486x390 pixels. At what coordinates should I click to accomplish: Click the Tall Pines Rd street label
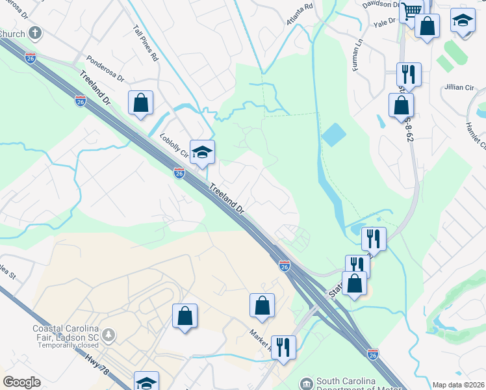pyautogui.click(x=146, y=44)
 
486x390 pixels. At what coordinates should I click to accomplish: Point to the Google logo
pyautogui.click(x=21, y=382)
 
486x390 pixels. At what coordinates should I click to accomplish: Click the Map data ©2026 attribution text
pyautogui.click(x=459, y=385)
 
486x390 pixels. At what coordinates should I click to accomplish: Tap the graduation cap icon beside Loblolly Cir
pyautogui.click(x=202, y=153)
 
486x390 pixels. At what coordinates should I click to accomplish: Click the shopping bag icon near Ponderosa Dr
pyautogui.click(x=140, y=103)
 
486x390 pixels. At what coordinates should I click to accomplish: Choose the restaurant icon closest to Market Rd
pyautogui.click(x=283, y=346)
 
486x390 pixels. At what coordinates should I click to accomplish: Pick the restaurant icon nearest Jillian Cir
pyautogui.click(x=409, y=73)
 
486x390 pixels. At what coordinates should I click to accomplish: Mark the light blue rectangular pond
pyautogui.click(x=334, y=135)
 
